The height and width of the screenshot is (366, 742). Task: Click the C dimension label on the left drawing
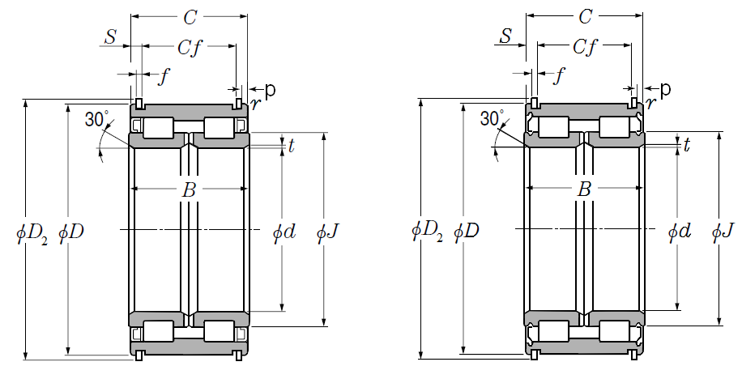tap(190, 17)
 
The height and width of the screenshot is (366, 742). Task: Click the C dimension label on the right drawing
tap(585, 17)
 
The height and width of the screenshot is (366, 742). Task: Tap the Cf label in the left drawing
tap(189, 49)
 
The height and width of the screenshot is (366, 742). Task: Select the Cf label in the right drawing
tap(584, 49)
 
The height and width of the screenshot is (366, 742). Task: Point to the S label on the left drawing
tap(110, 37)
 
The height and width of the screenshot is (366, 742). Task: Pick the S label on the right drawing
tap(505, 36)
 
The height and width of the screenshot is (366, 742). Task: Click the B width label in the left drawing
tap(189, 191)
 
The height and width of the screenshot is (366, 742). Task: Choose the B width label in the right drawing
tap(584, 191)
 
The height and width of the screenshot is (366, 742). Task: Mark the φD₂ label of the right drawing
tap(428, 232)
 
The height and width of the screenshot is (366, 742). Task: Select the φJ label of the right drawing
tap(723, 232)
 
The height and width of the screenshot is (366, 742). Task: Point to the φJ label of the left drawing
tap(327, 232)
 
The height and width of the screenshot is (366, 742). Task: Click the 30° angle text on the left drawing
tap(96, 121)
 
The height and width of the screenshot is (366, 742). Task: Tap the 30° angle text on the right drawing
tap(493, 119)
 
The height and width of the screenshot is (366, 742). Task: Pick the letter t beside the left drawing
tap(292, 145)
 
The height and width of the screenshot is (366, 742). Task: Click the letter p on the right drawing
tap(666, 88)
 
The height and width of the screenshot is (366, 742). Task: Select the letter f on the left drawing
tap(165, 78)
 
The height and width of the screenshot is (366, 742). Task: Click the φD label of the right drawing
tap(467, 232)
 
